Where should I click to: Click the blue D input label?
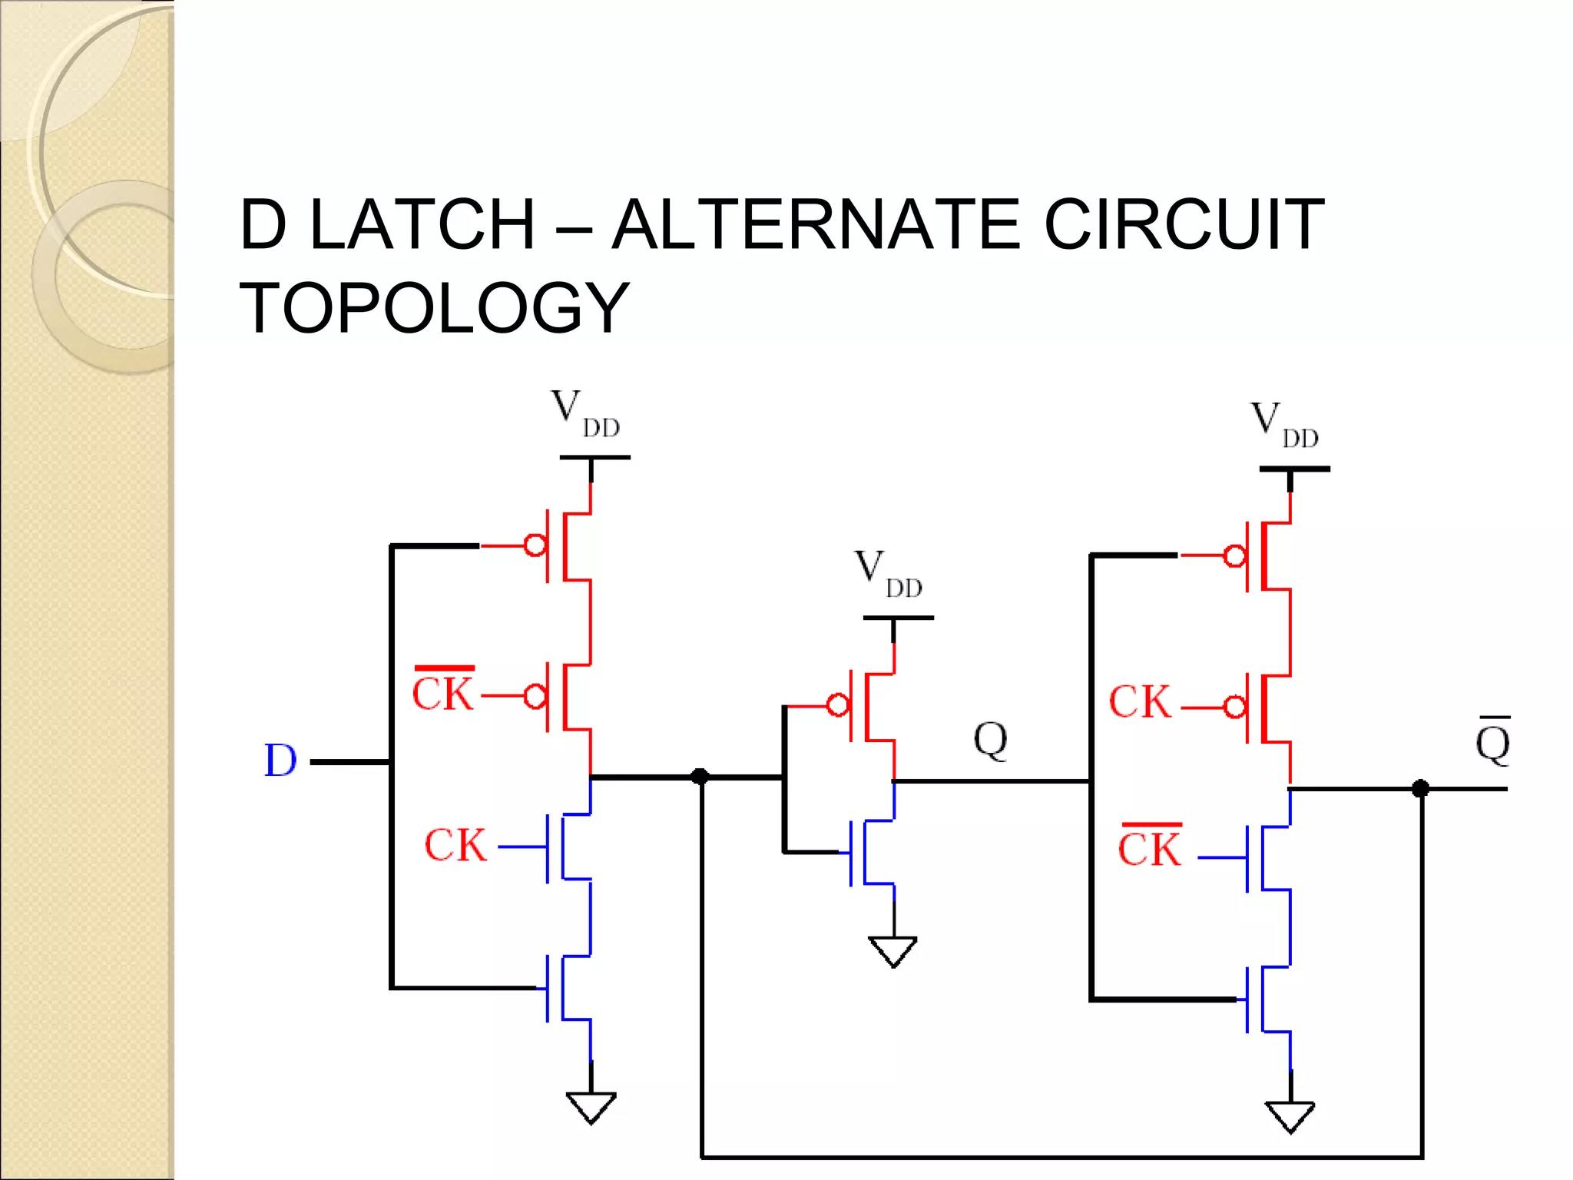pyautogui.click(x=280, y=761)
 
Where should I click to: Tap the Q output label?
pyautogui.click(x=990, y=741)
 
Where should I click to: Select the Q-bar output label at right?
pyautogui.click(x=1492, y=741)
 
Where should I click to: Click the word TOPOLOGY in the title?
pyautogui.click(x=435, y=308)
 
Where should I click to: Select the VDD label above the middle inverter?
pyautogui.click(x=888, y=574)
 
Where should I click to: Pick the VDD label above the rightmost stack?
pyautogui.click(x=1284, y=425)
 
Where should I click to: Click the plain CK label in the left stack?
pyautogui.click(x=455, y=845)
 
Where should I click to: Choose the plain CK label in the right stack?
pyautogui.click(x=1140, y=702)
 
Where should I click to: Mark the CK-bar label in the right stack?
pyautogui.click(x=1149, y=847)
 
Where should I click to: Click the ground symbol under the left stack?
pyautogui.click(x=591, y=1106)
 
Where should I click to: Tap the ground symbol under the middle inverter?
pyautogui.click(x=892, y=950)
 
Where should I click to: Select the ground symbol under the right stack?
pyautogui.click(x=1290, y=1115)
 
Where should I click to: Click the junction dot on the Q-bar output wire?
pyautogui.click(x=1420, y=788)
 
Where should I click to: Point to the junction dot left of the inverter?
pyautogui.click(x=700, y=776)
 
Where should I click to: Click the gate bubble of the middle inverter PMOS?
pyautogui.click(x=838, y=704)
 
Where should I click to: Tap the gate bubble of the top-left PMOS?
pyautogui.click(x=535, y=545)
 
